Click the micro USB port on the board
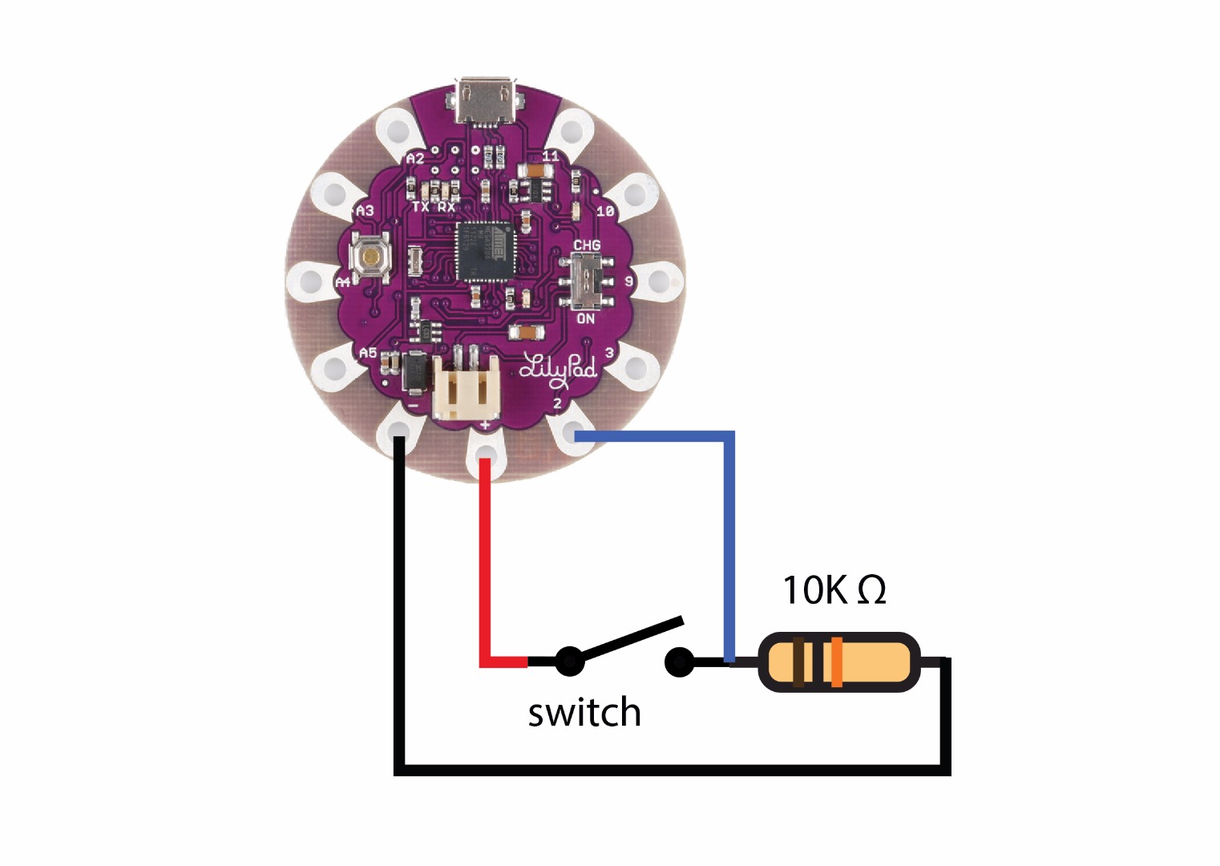[484, 100]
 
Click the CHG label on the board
[587, 245]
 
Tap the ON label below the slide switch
[586, 318]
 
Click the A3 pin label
[365, 211]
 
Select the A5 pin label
[368, 353]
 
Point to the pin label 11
[551, 156]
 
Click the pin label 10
[605, 211]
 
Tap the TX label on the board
[420, 207]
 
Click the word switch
[584, 712]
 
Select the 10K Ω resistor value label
[834, 590]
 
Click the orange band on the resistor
[836, 662]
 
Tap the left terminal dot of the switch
[569, 662]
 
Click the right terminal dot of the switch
[679, 662]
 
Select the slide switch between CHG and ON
[592, 281]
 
